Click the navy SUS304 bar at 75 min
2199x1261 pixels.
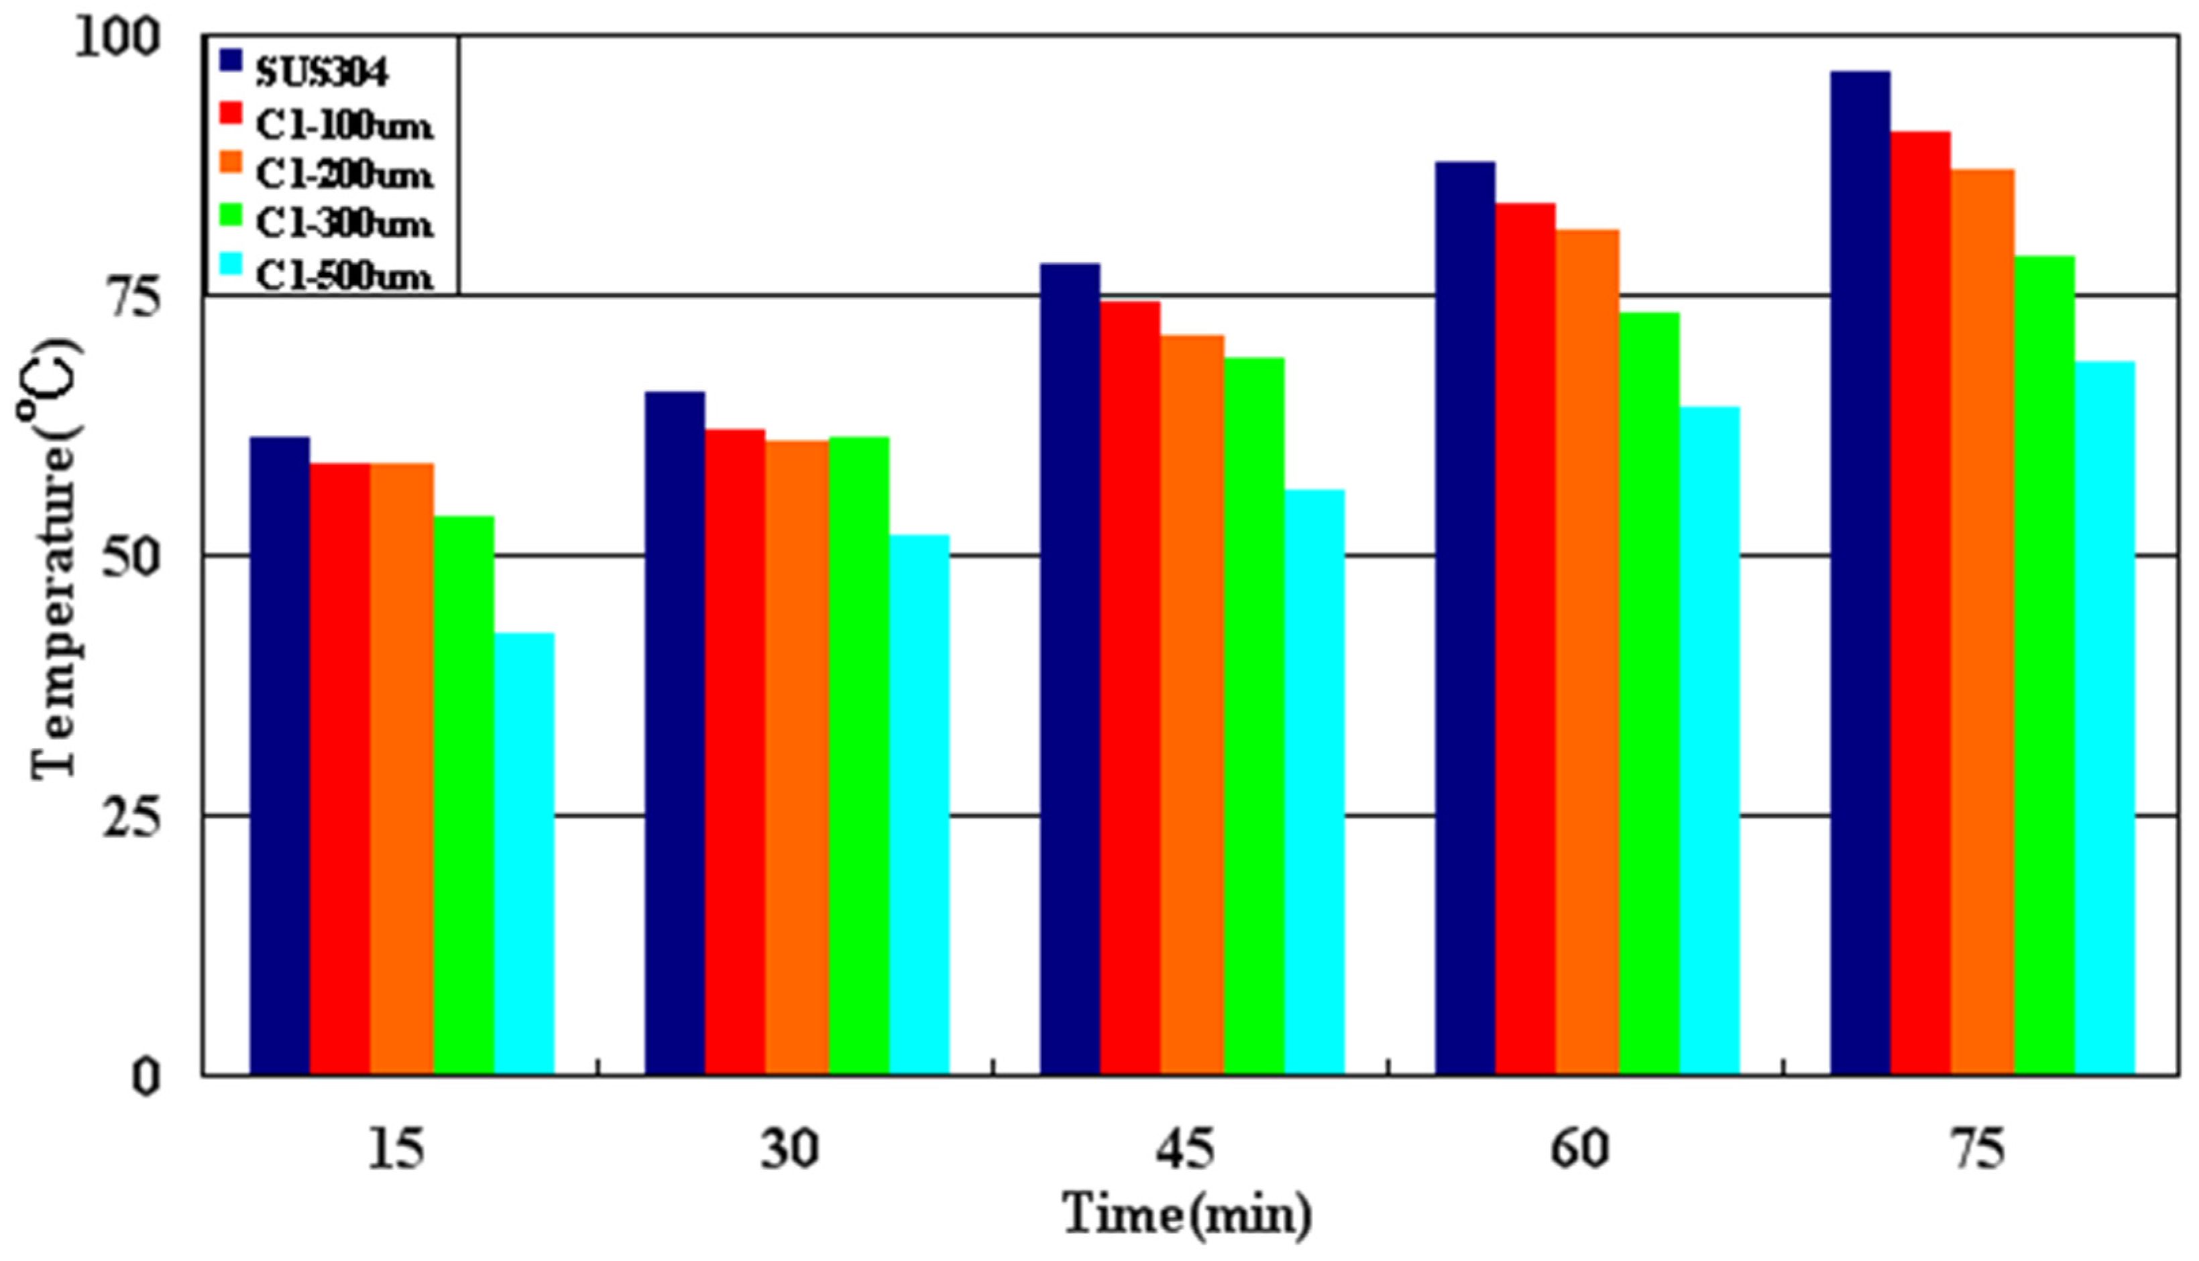coord(1860,572)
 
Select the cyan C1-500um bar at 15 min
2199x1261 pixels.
coord(524,853)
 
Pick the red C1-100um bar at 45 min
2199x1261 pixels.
coord(1130,688)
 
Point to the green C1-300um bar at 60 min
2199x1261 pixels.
coord(1649,693)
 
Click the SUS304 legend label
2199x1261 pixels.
coord(321,74)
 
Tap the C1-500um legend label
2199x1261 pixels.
coord(344,276)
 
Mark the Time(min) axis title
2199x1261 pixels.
coord(1188,1213)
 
